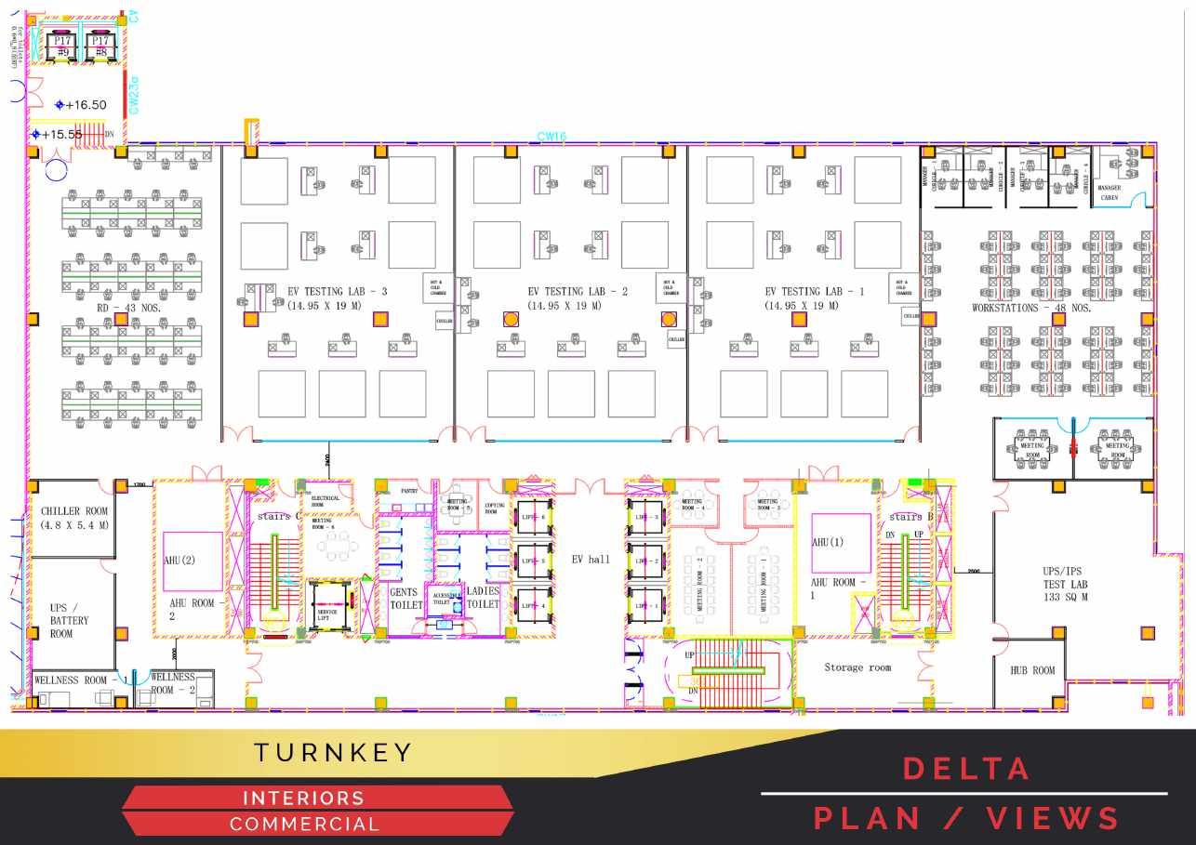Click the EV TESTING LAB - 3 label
pos(336,292)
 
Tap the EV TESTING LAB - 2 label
pos(578,292)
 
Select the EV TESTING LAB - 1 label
pos(815,292)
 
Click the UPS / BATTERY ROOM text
pos(70,620)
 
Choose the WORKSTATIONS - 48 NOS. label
pos(1031,308)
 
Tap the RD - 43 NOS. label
pos(131,308)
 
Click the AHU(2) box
pos(193,561)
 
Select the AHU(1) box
pos(841,542)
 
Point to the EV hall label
pos(591,560)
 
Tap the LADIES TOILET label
pos(483,598)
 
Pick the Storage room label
pos(857,667)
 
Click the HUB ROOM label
pos(1032,670)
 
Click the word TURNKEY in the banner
pos(334,753)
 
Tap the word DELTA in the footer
pos(967,769)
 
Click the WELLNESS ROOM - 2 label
pos(173,683)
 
